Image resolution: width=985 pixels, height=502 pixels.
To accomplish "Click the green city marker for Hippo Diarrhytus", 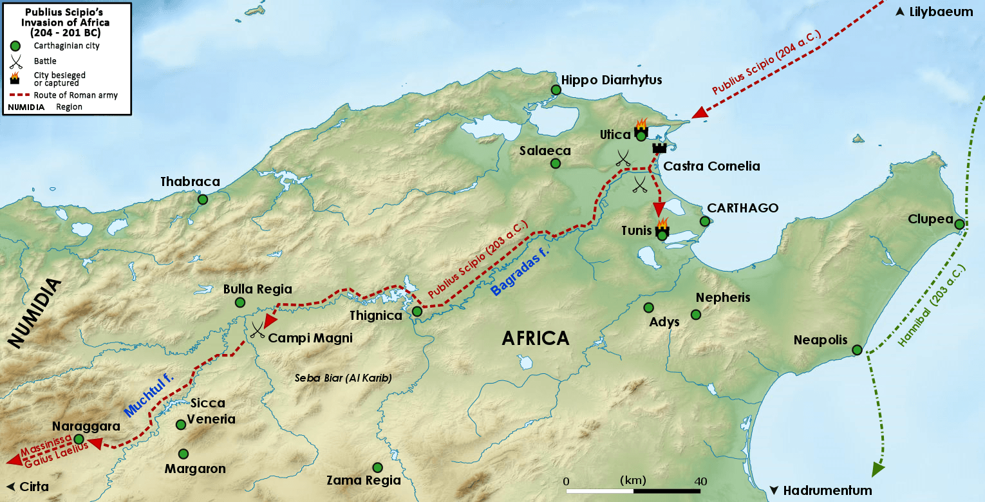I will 556,90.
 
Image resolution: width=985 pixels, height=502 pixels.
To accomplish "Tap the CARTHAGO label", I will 742,209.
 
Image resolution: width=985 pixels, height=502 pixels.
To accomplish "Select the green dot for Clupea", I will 959,225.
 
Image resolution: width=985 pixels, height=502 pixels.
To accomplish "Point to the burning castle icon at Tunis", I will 661,229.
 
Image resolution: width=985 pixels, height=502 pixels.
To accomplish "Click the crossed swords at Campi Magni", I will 258,330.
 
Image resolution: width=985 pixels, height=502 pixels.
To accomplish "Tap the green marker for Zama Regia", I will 377,467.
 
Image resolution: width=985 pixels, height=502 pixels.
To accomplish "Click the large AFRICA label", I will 536,339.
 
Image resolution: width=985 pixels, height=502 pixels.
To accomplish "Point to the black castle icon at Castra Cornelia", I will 659,148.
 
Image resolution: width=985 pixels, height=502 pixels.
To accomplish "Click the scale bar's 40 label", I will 700,481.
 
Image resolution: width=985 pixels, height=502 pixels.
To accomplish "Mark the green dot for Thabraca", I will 203,200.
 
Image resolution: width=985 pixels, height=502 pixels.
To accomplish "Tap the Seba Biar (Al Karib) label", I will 343,378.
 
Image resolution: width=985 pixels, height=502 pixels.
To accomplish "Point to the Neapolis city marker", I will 857,350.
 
